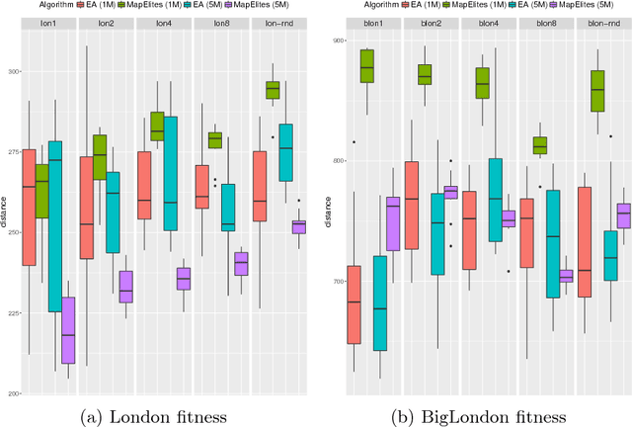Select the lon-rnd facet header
277,22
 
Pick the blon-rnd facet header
602,22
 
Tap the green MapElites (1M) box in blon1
366,66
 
